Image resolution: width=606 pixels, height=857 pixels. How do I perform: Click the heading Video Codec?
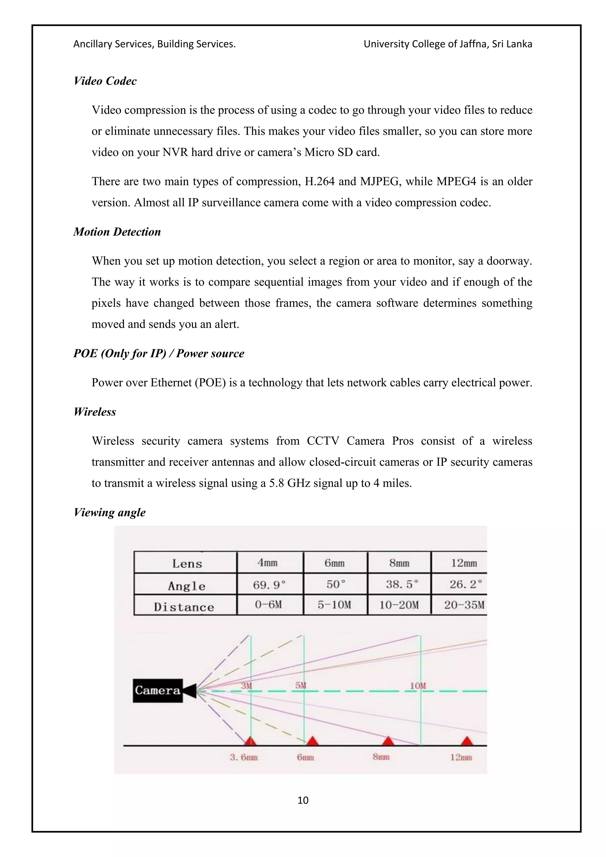click(105, 81)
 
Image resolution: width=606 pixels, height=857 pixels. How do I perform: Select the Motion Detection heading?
click(117, 232)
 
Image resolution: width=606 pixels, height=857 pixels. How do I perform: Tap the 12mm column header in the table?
click(464, 563)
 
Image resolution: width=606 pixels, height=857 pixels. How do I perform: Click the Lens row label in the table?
click(187, 564)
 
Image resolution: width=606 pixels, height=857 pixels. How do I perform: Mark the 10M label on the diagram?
click(418, 686)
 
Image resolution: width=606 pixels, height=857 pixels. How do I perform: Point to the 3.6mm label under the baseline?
click(244, 757)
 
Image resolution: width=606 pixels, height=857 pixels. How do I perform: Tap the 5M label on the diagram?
click(301, 686)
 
